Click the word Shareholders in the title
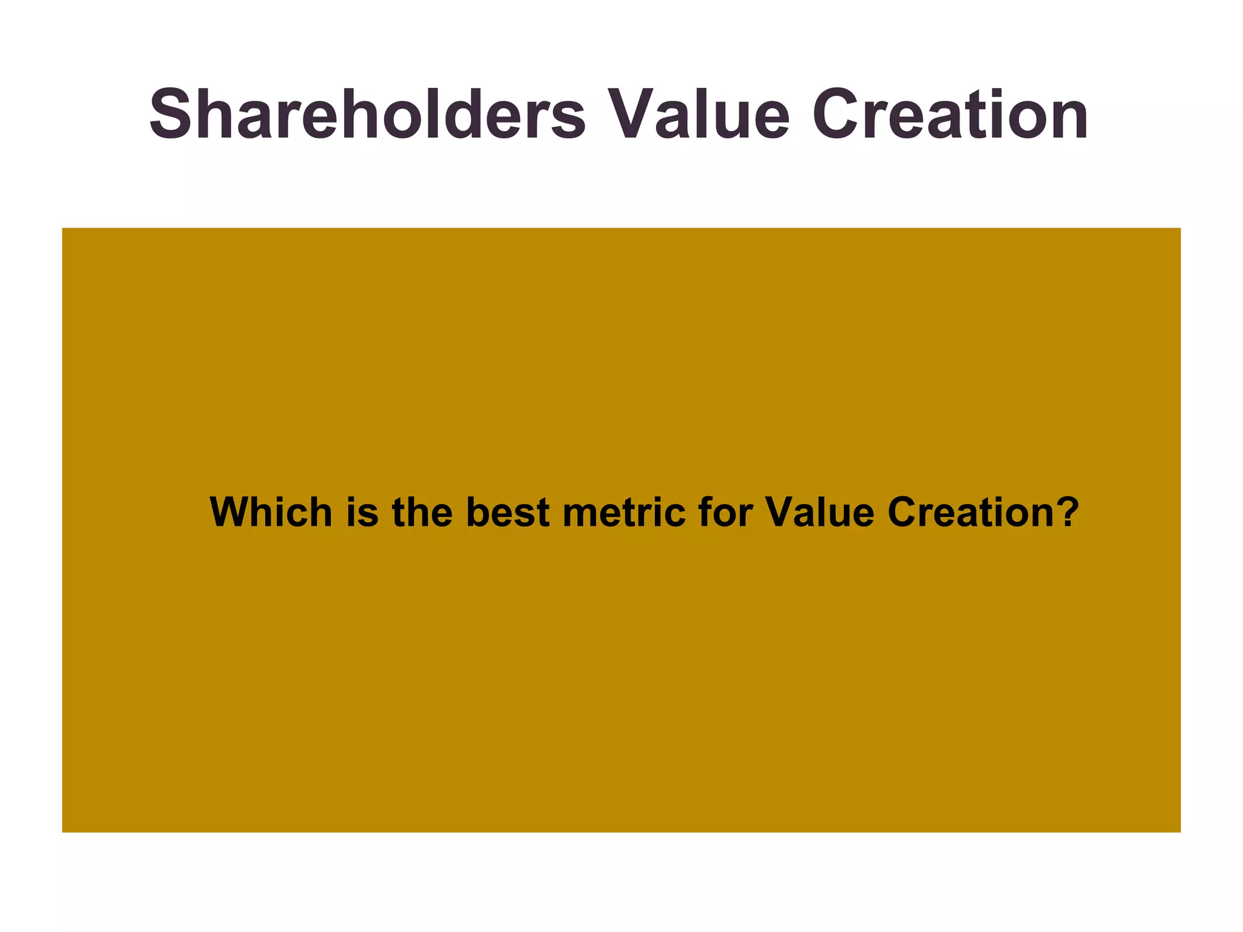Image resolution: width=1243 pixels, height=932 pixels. (367, 114)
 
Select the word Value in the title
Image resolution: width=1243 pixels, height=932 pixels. (698, 114)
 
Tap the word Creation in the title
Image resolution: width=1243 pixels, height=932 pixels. (950, 114)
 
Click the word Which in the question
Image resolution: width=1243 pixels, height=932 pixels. (271, 512)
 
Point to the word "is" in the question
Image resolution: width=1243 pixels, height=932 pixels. (362, 512)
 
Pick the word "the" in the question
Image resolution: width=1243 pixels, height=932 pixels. (422, 512)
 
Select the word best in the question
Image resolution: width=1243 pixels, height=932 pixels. (507, 512)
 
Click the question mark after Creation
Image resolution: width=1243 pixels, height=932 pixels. (1067, 512)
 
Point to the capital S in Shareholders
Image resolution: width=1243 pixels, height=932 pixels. (172, 114)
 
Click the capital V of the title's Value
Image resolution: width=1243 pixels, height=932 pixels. (631, 114)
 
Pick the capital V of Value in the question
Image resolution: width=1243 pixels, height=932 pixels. (779, 512)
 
